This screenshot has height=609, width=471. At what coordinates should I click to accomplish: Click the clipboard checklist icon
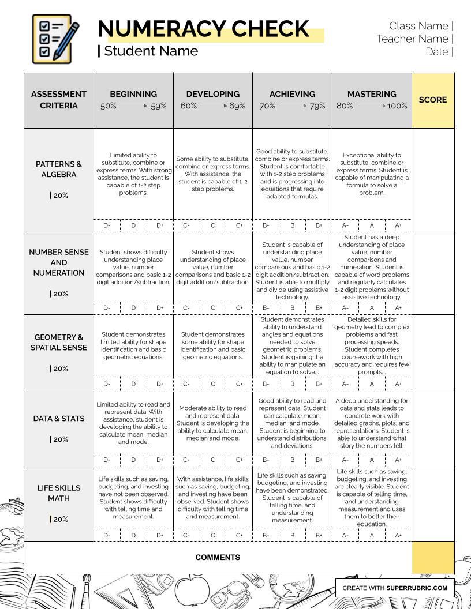[55, 39]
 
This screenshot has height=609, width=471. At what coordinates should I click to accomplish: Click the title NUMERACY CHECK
[203, 29]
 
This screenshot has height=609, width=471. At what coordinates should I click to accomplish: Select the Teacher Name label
[412, 39]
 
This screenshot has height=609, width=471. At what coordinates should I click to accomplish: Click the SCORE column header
[433, 100]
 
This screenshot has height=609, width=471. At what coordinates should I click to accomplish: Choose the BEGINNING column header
[133, 94]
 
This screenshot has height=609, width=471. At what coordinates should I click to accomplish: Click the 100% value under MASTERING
[397, 106]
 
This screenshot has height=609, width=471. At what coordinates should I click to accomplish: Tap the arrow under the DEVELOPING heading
[213, 106]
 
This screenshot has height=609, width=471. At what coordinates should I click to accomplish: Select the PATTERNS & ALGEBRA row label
[59, 169]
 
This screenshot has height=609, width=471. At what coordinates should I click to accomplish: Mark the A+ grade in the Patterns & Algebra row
[398, 225]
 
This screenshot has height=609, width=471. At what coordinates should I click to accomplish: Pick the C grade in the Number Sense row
[213, 308]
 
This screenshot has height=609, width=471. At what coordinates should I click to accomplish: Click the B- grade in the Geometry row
[266, 384]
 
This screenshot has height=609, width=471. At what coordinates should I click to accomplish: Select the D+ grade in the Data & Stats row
[160, 460]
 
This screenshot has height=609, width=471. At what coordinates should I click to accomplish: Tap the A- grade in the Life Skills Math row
[345, 535]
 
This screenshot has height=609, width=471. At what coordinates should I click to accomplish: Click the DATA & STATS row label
[59, 419]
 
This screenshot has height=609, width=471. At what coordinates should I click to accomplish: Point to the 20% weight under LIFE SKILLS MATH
[61, 519]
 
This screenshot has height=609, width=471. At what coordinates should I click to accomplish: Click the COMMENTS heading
[218, 558]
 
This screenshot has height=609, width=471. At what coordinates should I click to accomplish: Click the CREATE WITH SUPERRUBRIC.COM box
[395, 588]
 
